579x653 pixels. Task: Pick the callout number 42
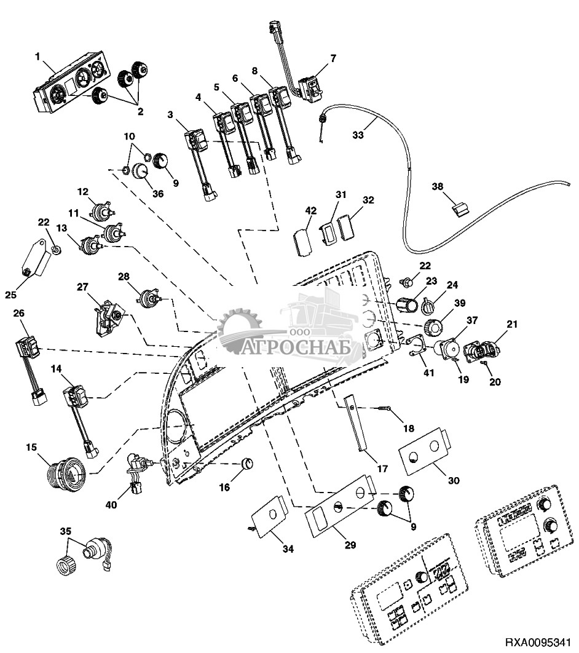310,210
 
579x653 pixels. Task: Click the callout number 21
513,324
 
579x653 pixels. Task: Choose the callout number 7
333,58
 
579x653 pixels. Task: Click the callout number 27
83,287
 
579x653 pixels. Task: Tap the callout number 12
83,191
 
